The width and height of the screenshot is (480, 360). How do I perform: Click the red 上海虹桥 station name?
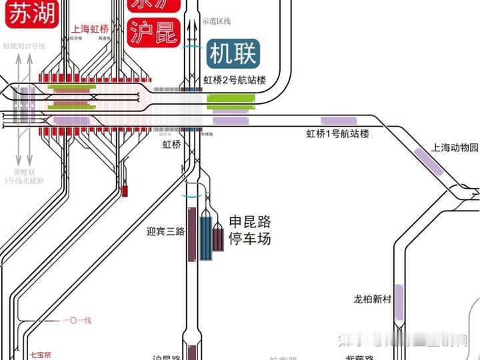coord(92,29)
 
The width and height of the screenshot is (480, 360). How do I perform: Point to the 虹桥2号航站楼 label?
coord(235,81)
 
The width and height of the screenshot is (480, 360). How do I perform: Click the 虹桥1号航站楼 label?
coord(337,133)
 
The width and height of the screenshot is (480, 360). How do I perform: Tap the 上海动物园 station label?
coord(455,147)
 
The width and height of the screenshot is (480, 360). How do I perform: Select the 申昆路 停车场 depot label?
coord(249,230)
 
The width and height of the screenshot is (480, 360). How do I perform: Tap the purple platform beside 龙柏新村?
coord(399,302)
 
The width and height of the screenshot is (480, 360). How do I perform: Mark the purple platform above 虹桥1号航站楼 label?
coord(333,120)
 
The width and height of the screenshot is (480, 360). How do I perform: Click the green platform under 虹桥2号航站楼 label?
coord(231,101)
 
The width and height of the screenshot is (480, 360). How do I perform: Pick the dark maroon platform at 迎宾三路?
coord(192,233)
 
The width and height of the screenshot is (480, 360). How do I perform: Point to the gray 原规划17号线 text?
coord(23,46)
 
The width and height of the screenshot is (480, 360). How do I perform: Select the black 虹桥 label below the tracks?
coord(171,143)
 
